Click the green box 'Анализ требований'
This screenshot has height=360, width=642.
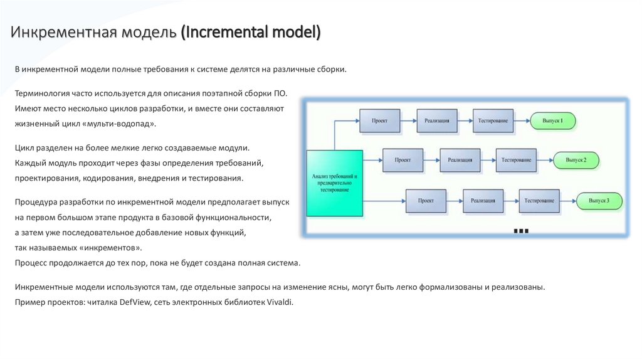[x=334, y=184]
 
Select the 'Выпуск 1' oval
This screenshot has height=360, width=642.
[x=552, y=120]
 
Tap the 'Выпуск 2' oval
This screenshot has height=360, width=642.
[x=576, y=160]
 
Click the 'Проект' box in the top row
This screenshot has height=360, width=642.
[x=379, y=120]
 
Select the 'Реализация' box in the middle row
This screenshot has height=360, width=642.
[x=460, y=160]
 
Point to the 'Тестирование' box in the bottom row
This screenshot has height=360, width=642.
[x=539, y=201]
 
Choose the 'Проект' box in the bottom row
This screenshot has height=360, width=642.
[x=426, y=201]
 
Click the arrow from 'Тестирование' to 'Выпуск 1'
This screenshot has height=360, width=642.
[x=522, y=120]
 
